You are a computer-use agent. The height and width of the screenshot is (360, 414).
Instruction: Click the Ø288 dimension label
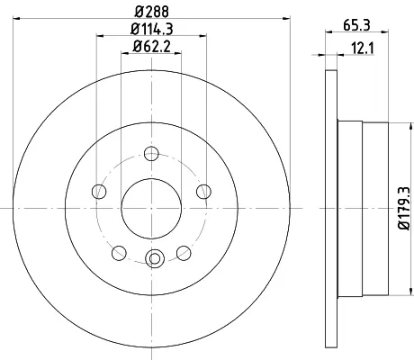152,12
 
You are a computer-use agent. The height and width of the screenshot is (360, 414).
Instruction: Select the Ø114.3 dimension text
152,29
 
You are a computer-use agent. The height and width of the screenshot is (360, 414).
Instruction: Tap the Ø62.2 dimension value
152,46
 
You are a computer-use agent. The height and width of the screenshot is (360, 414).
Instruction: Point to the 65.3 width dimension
356,25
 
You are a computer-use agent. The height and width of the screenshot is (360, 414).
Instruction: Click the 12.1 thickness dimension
363,49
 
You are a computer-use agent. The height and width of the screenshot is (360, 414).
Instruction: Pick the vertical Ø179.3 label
403,208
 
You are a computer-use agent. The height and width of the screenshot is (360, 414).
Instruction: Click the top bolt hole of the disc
151,154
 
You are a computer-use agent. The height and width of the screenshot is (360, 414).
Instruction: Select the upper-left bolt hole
99,192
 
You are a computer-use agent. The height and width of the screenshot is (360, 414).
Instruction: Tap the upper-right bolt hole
203,192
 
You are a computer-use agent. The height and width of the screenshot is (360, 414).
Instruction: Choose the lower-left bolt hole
119,253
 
